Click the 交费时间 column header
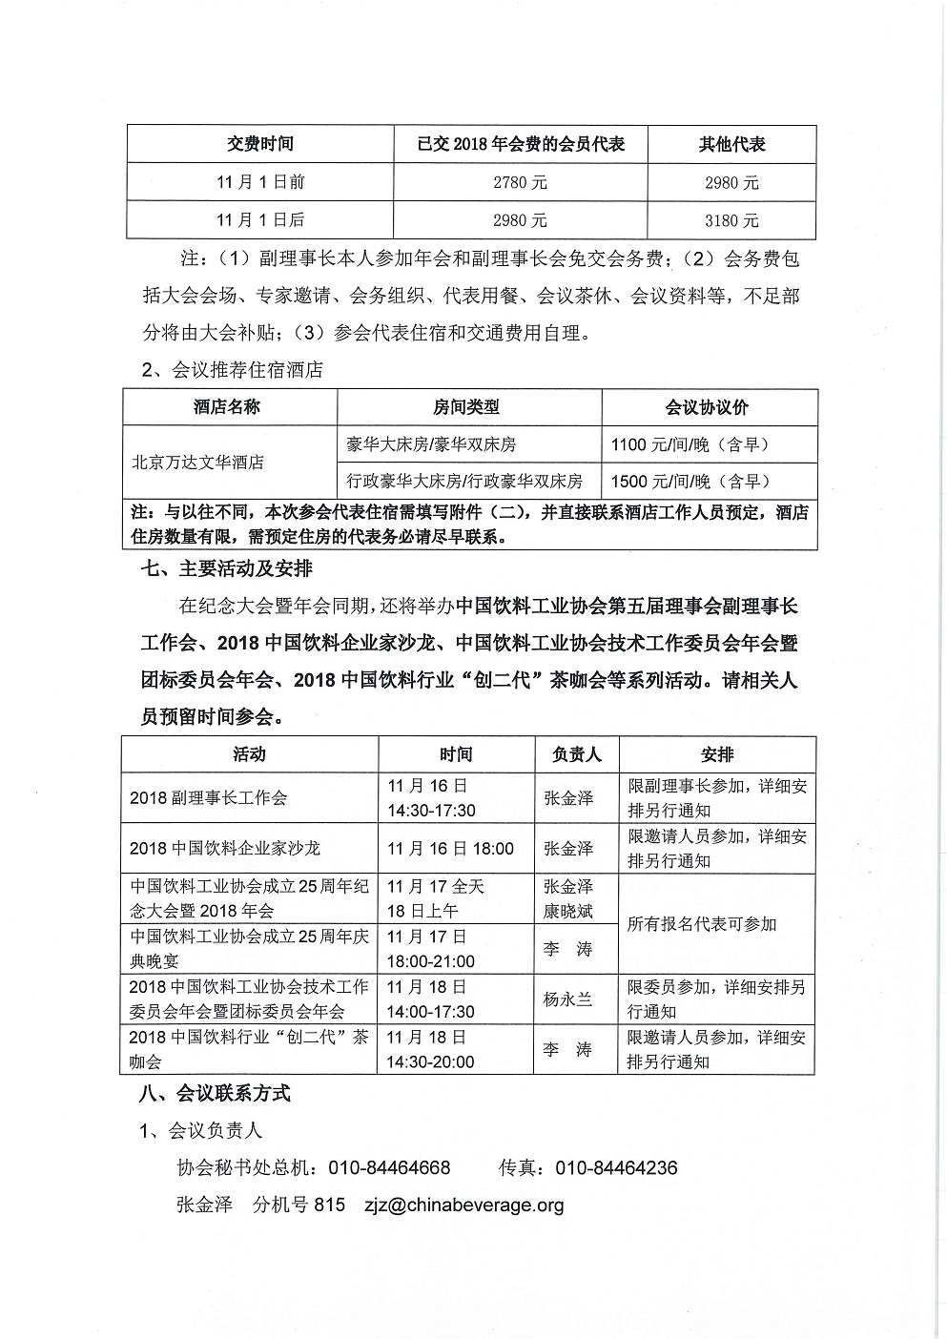click(x=260, y=144)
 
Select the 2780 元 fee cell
click(x=520, y=182)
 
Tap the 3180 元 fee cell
click(x=731, y=220)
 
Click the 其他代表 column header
click(x=731, y=144)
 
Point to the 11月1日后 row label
click(x=260, y=220)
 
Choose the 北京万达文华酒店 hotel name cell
click(x=196, y=463)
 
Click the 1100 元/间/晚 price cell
click(x=690, y=443)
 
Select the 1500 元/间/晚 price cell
click(x=690, y=481)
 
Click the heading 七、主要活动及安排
click(x=226, y=568)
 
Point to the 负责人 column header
click(x=577, y=754)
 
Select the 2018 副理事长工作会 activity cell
click(x=209, y=798)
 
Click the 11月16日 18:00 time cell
click(x=450, y=849)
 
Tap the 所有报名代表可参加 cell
click(x=702, y=924)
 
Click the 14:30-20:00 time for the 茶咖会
click(x=431, y=1061)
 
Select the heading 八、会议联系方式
click(x=215, y=1093)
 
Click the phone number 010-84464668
click(x=389, y=1167)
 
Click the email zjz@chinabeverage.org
click(x=463, y=1205)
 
